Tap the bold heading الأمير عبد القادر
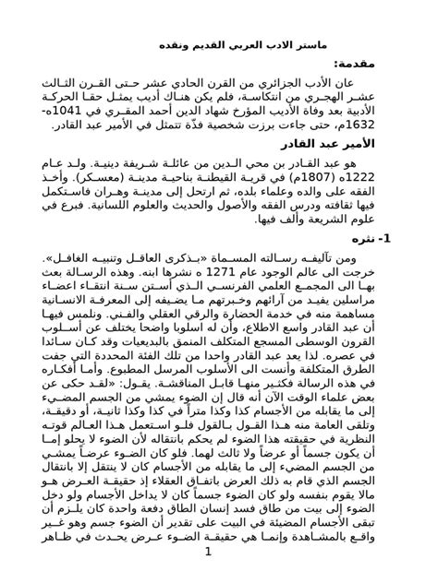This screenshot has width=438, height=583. point(357,144)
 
